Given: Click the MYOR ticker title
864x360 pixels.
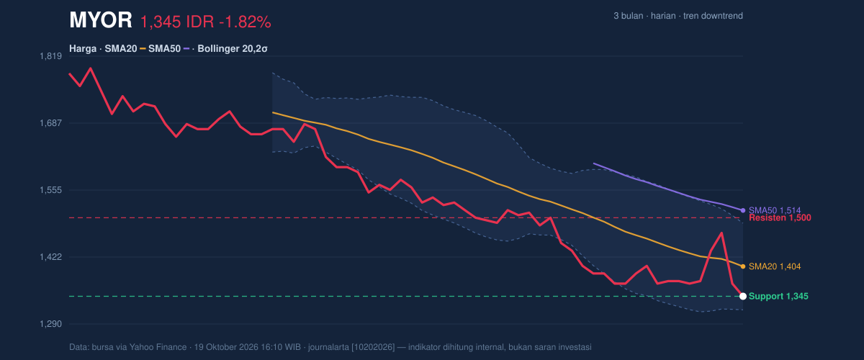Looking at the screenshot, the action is click(x=101, y=20).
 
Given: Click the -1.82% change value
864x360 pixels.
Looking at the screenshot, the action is click(x=245, y=22).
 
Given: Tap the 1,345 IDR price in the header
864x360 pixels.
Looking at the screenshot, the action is click(x=177, y=22).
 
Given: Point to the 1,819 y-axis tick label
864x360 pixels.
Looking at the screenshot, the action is click(x=50, y=56).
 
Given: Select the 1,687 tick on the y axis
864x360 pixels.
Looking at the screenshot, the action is click(x=50, y=123).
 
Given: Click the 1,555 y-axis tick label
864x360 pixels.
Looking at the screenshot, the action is click(x=50, y=190).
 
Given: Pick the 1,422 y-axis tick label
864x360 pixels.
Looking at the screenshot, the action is click(x=50, y=257).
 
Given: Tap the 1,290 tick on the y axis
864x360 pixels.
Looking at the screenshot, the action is click(x=50, y=324).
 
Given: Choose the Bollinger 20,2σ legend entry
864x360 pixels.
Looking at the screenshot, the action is click(x=233, y=49).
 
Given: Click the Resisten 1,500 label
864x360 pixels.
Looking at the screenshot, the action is click(x=780, y=218).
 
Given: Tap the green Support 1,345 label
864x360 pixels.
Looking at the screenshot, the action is click(x=778, y=297).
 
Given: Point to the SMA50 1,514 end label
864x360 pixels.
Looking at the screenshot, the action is click(x=775, y=210).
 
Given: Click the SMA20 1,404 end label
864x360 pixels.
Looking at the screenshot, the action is click(x=775, y=266).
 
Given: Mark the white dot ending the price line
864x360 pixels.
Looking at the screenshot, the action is click(x=743, y=297).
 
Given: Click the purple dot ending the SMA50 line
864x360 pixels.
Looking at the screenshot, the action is click(x=743, y=210).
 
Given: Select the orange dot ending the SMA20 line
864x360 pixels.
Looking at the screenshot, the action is click(x=743, y=266).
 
